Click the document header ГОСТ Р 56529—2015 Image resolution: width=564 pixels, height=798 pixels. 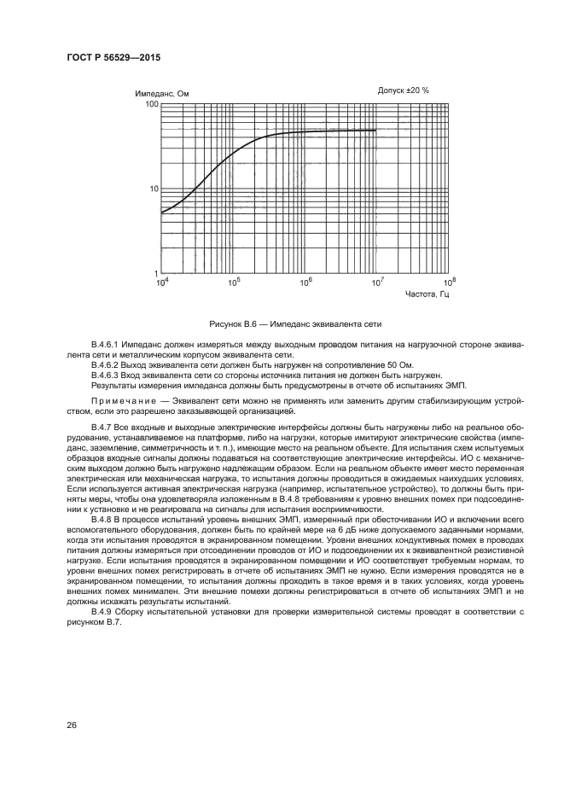113,57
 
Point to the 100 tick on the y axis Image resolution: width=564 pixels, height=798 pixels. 152,104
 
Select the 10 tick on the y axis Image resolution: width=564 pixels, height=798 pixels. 154,189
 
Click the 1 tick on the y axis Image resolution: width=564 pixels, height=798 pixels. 156,273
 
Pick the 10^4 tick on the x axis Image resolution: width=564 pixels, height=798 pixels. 161,282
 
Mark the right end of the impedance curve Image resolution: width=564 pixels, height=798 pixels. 376,131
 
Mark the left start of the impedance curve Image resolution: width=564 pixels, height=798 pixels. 161,213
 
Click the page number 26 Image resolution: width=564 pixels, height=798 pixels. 72,725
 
